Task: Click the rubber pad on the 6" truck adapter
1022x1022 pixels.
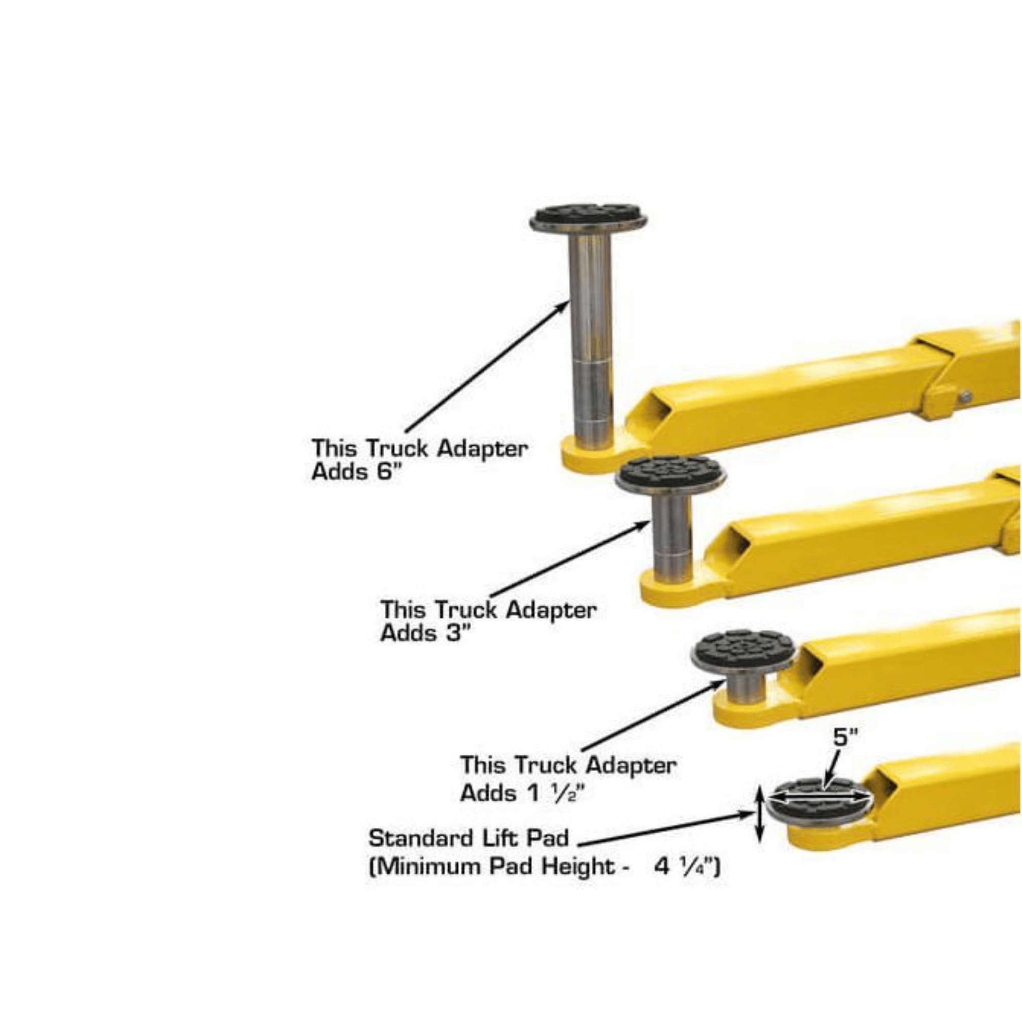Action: pos(588,215)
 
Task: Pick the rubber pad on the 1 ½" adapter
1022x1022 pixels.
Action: pos(745,646)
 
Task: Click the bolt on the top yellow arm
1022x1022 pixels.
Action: pos(965,396)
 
